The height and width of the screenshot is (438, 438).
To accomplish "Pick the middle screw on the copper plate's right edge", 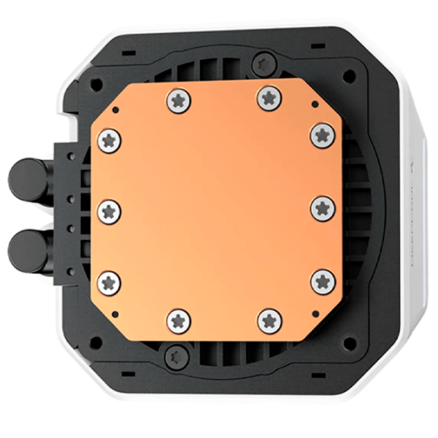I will [x=323, y=207].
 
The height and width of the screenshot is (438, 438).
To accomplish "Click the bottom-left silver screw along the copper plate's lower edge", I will [x=179, y=320].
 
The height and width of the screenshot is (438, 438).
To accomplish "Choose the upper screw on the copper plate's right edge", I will [x=322, y=134].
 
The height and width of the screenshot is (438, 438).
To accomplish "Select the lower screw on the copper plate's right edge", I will [x=323, y=280].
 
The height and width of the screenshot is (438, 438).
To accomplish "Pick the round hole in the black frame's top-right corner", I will [x=350, y=75].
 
